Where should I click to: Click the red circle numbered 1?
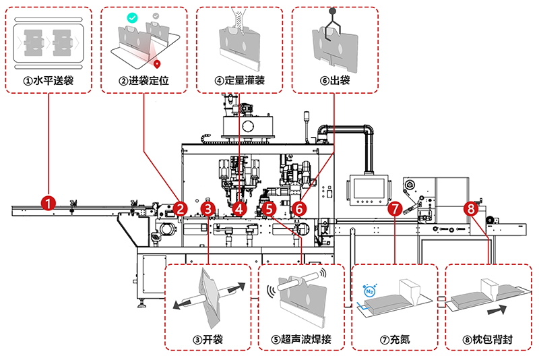tap(48, 201)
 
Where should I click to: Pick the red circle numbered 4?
tap(239, 209)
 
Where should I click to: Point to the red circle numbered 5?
tap(269, 209)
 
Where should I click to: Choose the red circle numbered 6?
tap(299, 209)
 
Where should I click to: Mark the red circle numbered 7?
tap(395, 209)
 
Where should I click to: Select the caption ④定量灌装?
tap(239, 80)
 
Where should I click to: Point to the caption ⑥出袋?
tap(335, 80)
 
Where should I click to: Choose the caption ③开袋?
tap(208, 338)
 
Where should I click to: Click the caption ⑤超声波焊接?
tap(302, 338)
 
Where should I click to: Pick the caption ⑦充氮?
tap(395, 338)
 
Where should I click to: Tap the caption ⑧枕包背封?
tap(488, 338)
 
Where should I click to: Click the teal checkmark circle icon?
tap(133, 16)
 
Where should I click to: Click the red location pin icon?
tap(158, 65)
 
